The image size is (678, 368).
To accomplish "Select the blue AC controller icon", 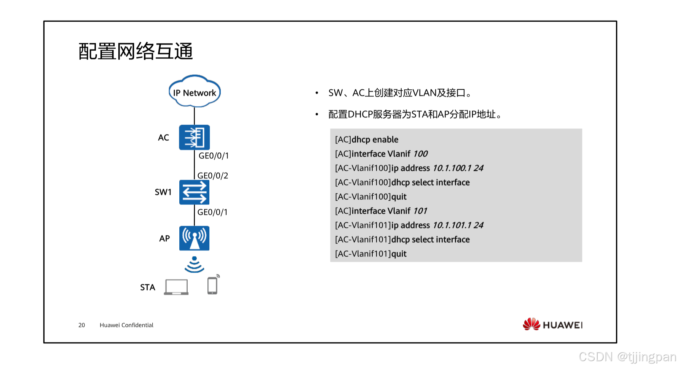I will click(194, 137).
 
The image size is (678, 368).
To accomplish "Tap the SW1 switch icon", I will click(194, 192).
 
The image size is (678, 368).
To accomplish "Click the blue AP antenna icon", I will click(194, 238).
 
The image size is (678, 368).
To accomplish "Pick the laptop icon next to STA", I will click(176, 287).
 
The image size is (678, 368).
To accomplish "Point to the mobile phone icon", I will click(213, 285).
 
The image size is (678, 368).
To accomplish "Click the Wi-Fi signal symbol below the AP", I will click(194, 265).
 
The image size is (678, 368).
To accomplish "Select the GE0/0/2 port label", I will click(213, 176).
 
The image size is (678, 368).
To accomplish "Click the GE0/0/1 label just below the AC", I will click(214, 156).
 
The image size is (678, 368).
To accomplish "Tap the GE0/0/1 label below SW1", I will click(212, 212).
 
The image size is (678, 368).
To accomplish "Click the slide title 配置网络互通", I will click(136, 51).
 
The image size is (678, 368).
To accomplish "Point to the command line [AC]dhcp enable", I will click(367, 140).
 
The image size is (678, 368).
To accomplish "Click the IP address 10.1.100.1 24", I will click(458, 168).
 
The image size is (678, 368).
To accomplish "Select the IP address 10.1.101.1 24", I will click(458, 225).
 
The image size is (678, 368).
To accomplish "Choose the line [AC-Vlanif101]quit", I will click(370, 254).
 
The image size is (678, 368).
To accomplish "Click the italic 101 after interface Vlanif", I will click(420, 211).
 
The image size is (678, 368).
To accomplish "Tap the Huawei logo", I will click(552, 324).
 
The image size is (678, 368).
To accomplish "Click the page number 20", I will click(81, 325).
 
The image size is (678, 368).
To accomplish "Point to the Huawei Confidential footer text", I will click(126, 325).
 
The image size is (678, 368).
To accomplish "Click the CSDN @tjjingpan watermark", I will click(627, 357).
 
